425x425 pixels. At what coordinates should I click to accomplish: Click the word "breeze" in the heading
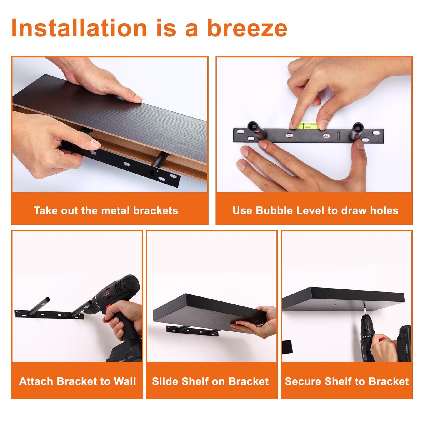pyautogui.click(x=247, y=28)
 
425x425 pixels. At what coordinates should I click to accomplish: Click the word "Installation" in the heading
pyautogui.click(x=79, y=28)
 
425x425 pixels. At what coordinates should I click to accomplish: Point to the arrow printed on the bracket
pyautogui.click(x=338, y=136)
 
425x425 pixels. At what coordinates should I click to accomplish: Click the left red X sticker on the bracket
pyautogui.click(x=289, y=135)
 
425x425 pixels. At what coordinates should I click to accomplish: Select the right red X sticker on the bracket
pyautogui.click(x=326, y=136)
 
